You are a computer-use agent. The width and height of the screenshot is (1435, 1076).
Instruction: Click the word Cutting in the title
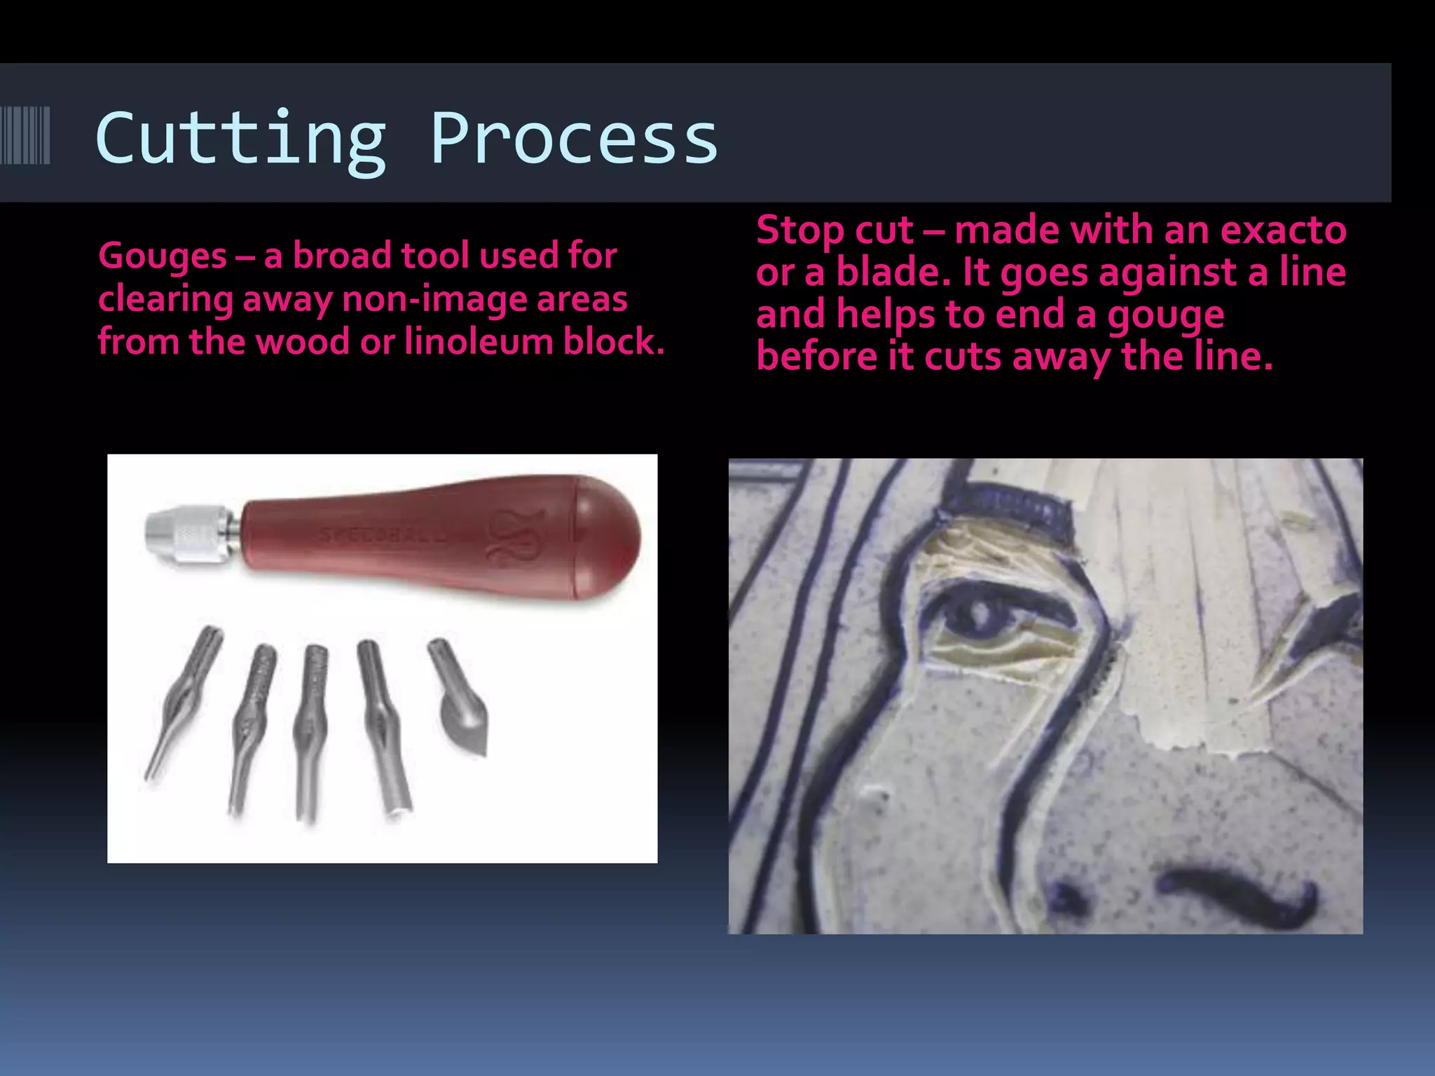[x=240, y=139]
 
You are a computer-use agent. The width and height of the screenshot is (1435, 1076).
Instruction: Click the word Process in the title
[x=574, y=139]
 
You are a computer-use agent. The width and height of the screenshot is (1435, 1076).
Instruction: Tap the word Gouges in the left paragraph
[x=162, y=256]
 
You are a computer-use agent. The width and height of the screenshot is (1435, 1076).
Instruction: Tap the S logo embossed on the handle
[x=515, y=538]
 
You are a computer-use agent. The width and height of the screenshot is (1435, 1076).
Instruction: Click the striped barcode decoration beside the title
[x=25, y=135]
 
